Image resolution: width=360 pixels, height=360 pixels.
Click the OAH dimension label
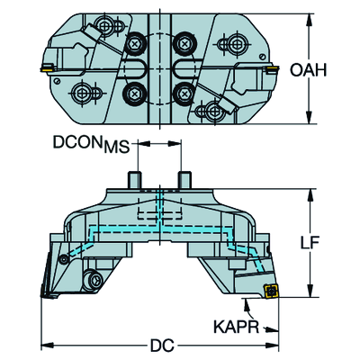click(308, 70)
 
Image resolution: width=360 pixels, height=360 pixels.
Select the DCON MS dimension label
click(92, 145)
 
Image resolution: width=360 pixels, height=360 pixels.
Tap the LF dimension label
click(310, 242)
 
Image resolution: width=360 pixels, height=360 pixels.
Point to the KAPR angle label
click(236, 327)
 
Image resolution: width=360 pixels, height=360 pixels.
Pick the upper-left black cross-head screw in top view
click(135, 45)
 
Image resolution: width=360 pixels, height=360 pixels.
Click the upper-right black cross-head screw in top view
click(184, 45)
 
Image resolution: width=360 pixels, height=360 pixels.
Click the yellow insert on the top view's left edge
click(47, 68)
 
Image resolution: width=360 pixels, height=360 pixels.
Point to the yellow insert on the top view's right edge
click(272, 70)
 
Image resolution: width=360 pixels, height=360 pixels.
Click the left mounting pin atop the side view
click(135, 180)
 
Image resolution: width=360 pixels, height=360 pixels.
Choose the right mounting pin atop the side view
click(184, 180)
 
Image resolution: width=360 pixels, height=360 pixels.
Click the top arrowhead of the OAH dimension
click(309, 21)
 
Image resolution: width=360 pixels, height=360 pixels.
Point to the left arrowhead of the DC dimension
click(47, 345)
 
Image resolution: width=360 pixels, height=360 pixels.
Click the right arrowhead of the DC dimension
click(273, 345)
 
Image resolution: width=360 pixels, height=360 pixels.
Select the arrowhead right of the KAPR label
click(272, 329)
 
